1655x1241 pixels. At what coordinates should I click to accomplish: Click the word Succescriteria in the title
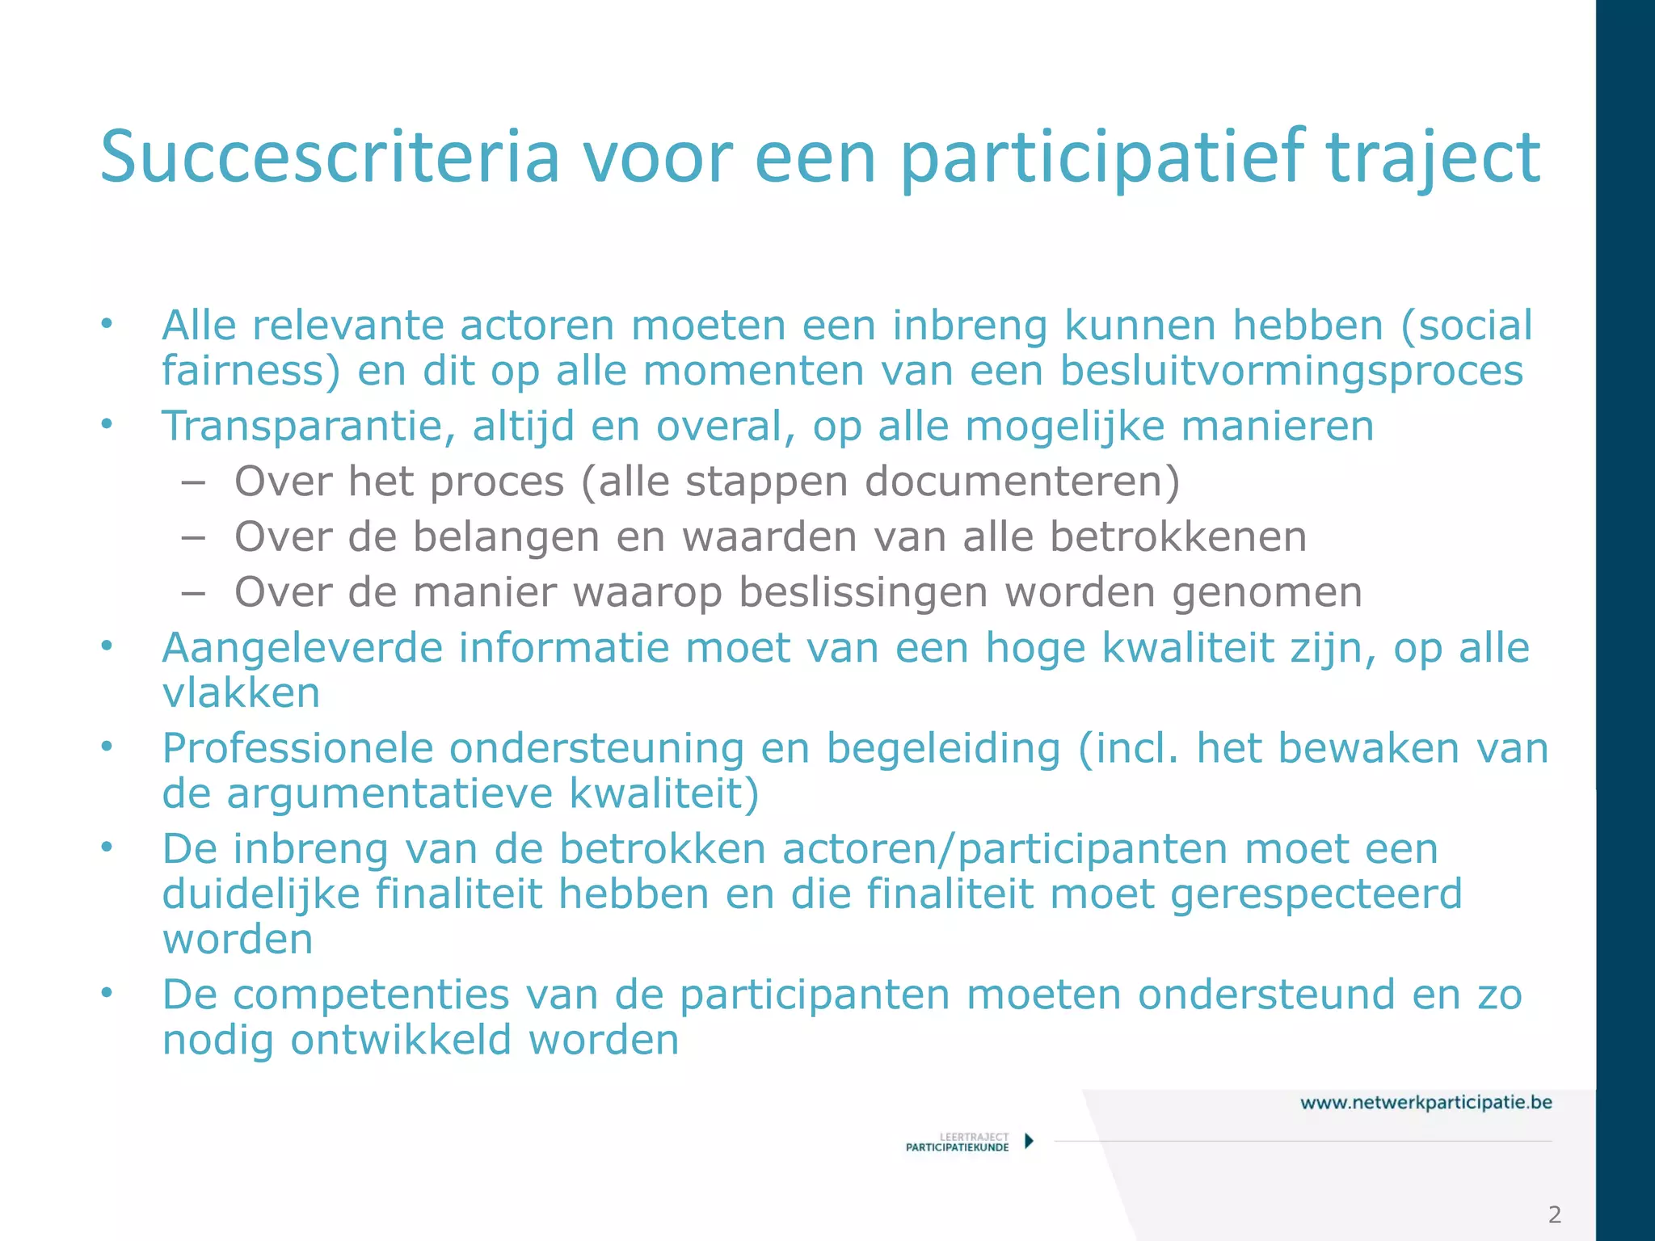tap(330, 158)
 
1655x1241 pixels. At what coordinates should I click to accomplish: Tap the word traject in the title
tap(1434, 158)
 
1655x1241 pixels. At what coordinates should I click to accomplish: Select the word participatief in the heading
tap(1101, 158)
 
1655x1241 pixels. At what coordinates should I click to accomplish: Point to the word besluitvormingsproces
tap(1291, 372)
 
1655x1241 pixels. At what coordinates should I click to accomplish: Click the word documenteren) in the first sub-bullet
tap(1022, 482)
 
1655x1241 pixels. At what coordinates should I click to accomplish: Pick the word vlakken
tap(241, 693)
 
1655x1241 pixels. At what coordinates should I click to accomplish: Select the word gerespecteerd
tap(1316, 894)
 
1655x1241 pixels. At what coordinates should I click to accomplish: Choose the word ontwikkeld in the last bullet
tap(401, 1040)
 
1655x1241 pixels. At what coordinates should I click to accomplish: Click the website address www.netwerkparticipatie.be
tap(1425, 1103)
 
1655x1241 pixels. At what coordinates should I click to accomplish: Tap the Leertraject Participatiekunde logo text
tap(958, 1142)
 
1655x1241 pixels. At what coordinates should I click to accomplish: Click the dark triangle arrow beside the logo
tap(1029, 1141)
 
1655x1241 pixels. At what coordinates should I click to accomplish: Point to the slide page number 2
tap(1554, 1214)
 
